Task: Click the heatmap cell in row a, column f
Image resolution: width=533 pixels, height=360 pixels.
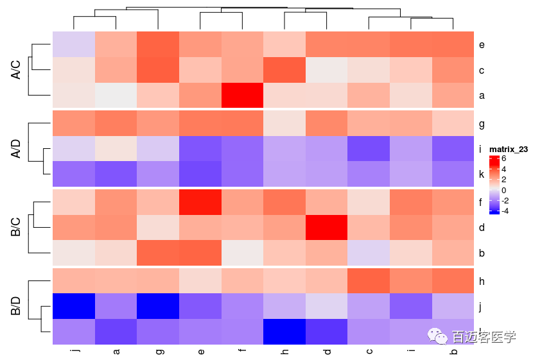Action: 242,96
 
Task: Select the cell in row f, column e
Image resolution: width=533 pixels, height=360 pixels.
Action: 200,201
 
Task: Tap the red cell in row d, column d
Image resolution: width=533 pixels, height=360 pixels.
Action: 326,227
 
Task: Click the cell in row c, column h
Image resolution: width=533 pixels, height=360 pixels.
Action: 284,70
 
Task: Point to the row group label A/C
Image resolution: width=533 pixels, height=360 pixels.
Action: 17,70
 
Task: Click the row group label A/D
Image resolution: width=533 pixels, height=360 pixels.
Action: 17,149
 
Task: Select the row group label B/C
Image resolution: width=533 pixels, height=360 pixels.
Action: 17,227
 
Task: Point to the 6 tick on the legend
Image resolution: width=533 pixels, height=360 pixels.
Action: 503,159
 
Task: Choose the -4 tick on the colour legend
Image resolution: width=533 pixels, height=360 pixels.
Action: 505,210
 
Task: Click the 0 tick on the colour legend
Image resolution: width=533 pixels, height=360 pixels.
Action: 503,190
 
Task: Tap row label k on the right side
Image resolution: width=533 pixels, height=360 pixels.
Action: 481,174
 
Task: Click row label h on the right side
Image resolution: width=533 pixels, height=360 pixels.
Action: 481,280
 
